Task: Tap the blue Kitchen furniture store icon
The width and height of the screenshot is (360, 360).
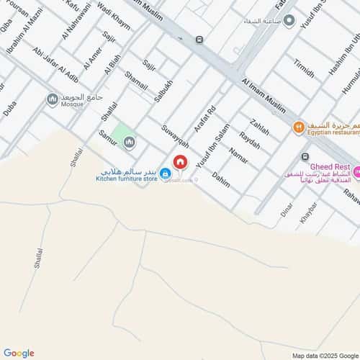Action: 165,174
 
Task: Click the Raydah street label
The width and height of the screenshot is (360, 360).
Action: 249,140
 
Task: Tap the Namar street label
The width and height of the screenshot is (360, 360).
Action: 238,155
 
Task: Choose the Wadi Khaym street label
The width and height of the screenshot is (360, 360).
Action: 114,19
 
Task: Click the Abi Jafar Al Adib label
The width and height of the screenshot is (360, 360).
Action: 56,66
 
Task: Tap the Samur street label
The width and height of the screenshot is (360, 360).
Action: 107,134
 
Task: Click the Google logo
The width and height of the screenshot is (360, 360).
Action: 19,353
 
